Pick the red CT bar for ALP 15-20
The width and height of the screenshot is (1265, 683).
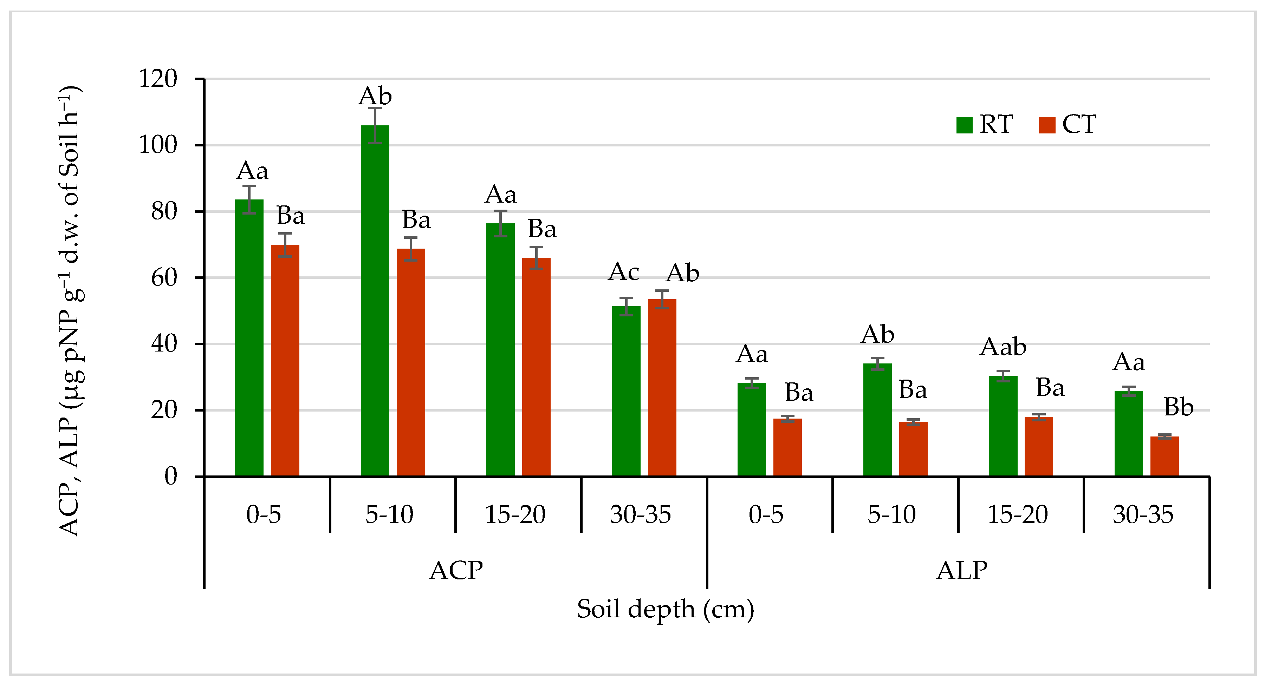click(1039, 447)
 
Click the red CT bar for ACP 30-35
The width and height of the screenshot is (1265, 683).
click(662, 388)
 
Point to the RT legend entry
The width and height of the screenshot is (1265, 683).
click(985, 125)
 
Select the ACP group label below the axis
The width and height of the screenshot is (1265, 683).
click(456, 571)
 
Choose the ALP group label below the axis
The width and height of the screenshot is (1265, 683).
click(961, 571)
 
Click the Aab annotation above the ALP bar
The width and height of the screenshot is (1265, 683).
click(1003, 347)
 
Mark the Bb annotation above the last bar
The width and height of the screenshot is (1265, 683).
click(1179, 407)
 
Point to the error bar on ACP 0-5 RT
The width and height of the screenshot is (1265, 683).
click(249, 200)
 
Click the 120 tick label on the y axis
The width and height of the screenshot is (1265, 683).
click(158, 79)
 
